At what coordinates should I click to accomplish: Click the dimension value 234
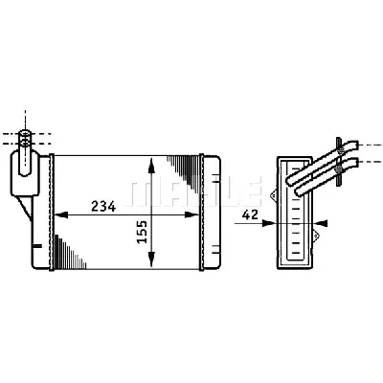click(x=103, y=207)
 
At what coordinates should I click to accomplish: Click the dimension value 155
click(x=142, y=232)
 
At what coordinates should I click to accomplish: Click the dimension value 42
click(x=250, y=215)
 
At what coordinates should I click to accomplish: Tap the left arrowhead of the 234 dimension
click(x=61, y=214)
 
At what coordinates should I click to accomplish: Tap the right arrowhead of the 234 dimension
click(x=192, y=214)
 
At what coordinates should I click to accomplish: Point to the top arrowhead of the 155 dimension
click(x=151, y=166)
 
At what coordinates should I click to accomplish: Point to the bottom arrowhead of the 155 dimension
click(x=151, y=259)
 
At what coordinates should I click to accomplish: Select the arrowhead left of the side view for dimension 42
click(x=269, y=223)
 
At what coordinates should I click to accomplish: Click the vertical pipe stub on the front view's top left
click(x=25, y=152)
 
